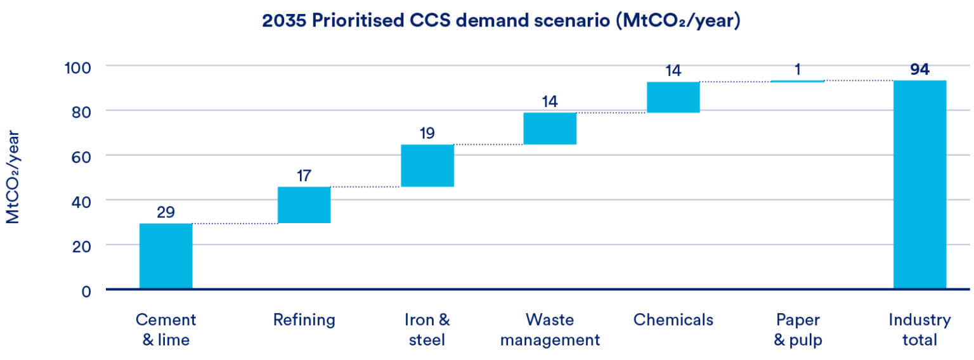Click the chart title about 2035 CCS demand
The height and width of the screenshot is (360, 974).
(502, 20)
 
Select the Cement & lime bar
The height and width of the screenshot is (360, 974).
(166, 256)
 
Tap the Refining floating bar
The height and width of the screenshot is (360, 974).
(304, 205)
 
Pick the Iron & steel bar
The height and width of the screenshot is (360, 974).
(427, 165)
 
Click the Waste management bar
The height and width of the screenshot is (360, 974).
(550, 129)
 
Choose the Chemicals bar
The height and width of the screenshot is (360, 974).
(673, 97)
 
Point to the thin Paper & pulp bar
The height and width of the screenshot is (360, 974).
(797, 81)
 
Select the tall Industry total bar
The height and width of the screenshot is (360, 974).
(919, 184)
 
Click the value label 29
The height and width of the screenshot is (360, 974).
(166, 212)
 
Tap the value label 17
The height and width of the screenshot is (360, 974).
(304, 175)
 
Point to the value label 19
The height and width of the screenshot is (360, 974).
(427, 133)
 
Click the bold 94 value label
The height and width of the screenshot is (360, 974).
(919, 69)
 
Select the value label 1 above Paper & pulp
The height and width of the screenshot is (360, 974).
(797, 70)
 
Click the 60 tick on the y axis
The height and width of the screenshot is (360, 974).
(81, 155)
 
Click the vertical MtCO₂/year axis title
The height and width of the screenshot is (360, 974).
(13, 177)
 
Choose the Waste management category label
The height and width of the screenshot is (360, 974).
(550, 330)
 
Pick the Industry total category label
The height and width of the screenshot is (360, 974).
(919, 330)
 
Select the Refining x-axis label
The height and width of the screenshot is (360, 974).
(304, 320)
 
